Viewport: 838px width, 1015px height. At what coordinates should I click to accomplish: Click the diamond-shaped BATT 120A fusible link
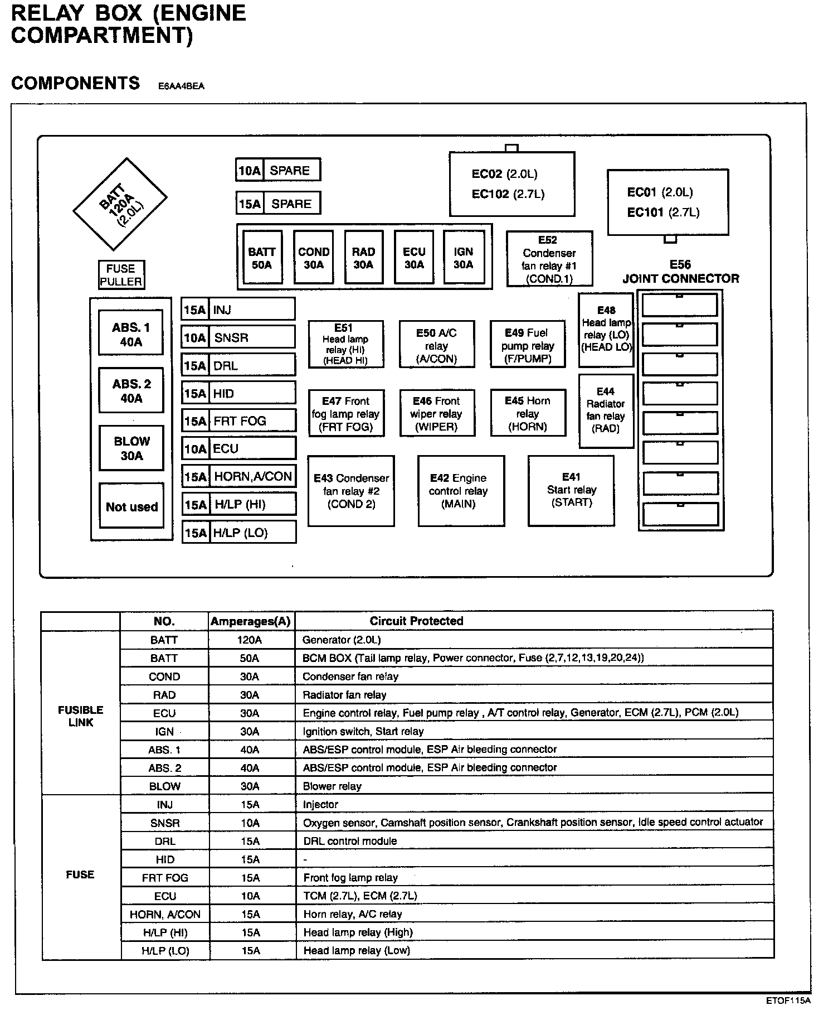pyautogui.click(x=120, y=204)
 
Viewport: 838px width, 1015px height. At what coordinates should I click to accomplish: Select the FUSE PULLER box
pyautogui.click(x=121, y=275)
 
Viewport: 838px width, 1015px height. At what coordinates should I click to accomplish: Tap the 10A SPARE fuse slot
pyautogui.click(x=278, y=170)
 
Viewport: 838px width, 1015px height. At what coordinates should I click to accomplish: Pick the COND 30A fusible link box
pyautogui.click(x=314, y=258)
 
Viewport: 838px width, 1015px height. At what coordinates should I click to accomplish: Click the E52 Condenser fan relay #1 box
pyautogui.click(x=549, y=259)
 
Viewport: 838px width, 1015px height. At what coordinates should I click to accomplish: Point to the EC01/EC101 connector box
pyautogui.click(x=668, y=202)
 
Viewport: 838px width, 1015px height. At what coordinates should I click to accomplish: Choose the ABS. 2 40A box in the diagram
pyautogui.click(x=131, y=390)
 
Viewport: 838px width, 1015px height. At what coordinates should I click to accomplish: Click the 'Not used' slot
pyautogui.click(x=131, y=506)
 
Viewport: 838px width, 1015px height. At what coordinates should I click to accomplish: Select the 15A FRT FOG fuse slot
pyautogui.click(x=238, y=420)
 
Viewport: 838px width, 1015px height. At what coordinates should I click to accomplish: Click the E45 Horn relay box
pyautogui.click(x=528, y=413)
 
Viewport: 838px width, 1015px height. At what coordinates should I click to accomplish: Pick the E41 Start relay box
pyautogui.click(x=571, y=490)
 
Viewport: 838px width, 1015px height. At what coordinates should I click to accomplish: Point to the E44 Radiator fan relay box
pyautogui.click(x=606, y=410)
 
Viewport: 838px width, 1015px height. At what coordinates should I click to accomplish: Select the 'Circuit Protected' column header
pyautogui.click(x=416, y=621)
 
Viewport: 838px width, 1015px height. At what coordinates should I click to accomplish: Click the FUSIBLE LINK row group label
pyautogui.click(x=80, y=716)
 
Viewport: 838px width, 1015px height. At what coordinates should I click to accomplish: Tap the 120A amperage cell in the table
pyautogui.click(x=250, y=640)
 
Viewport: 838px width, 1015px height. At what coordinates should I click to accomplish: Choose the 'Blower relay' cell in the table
pyautogui.click(x=332, y=786)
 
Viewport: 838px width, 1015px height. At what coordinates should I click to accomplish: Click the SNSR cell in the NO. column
pyautogui.click(x=165, y=823)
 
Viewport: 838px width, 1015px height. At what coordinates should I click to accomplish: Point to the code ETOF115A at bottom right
pyautogui.click(x=788, y=1000)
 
